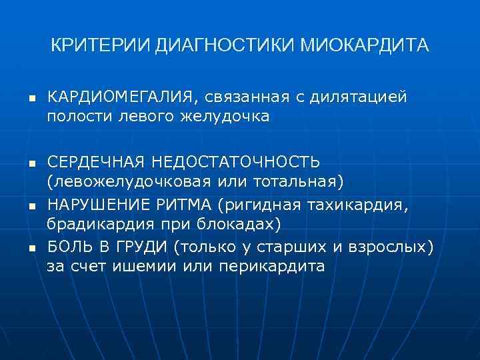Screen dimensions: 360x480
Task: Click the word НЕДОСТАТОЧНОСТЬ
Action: (236, 162)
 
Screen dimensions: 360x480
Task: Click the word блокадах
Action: (235, 222)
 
